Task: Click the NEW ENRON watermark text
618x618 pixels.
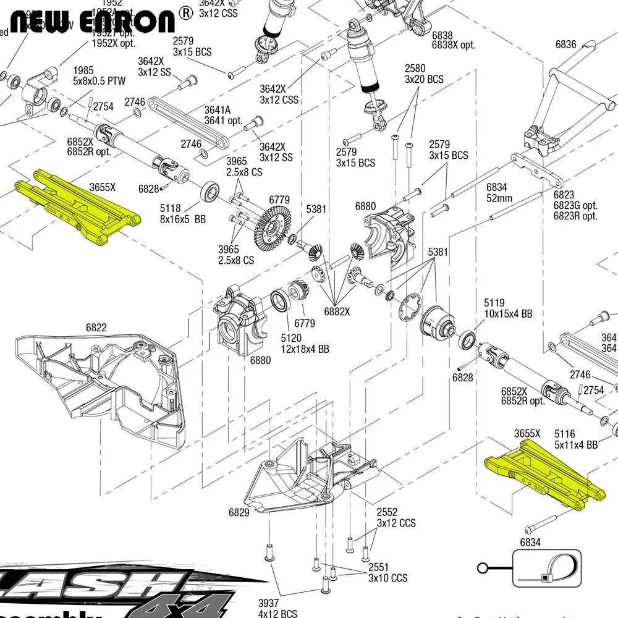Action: click(93, 21)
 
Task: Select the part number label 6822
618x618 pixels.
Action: click(96, 328)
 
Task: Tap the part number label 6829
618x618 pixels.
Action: click(239, 512)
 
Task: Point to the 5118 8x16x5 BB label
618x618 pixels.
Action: click(183, 214)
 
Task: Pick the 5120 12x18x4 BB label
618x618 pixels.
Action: click(305, 344)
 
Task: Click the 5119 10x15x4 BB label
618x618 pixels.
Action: click(507, 308)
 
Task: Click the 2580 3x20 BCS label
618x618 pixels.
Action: click(424, 74)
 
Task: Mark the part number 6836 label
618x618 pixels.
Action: click(565, 44)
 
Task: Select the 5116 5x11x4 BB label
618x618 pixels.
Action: click(575, 439)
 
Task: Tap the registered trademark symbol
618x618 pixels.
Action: click(185, 12)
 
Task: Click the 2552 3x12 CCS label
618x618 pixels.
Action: click(396, 518)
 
